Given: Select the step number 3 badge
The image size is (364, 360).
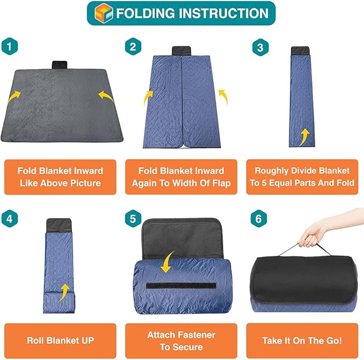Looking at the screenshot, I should (260, 47).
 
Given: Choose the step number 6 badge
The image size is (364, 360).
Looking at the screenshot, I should (260, 218).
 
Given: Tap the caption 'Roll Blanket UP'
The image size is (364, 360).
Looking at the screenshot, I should (60, 340).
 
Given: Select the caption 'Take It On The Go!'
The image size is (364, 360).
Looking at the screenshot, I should (302, 340).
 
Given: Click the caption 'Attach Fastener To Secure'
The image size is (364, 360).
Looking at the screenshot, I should (181, 340).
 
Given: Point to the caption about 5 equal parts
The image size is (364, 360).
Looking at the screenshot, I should (302, 177).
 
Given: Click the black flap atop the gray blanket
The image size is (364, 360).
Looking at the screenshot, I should (63, 65).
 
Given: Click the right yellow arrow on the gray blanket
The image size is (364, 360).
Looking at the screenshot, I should (106, 96).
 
